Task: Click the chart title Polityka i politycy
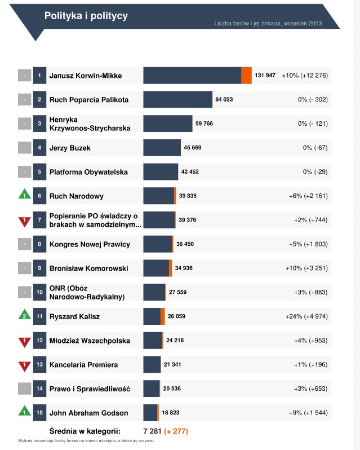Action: pos(86,16)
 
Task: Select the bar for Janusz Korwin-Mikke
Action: pos(192,76)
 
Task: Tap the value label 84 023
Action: pos(224,99)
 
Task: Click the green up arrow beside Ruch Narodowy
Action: pos(24,196)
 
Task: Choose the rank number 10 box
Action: pos(39,292)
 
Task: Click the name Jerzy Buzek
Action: pos(70,148)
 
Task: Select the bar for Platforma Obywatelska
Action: pos(161,172)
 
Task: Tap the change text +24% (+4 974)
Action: pos(306,316)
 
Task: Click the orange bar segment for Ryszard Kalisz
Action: pos(163,316)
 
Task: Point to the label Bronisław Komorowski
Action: pos(89,268)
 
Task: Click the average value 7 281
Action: pos(153,431)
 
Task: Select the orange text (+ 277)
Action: pos(176,431)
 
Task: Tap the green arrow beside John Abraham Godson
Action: pos(24,412)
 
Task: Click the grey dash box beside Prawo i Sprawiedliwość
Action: pos(24,389)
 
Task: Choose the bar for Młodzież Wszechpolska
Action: pos(153,341)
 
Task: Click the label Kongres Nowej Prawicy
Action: pos(90,244)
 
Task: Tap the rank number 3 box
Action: pos(39,123)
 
